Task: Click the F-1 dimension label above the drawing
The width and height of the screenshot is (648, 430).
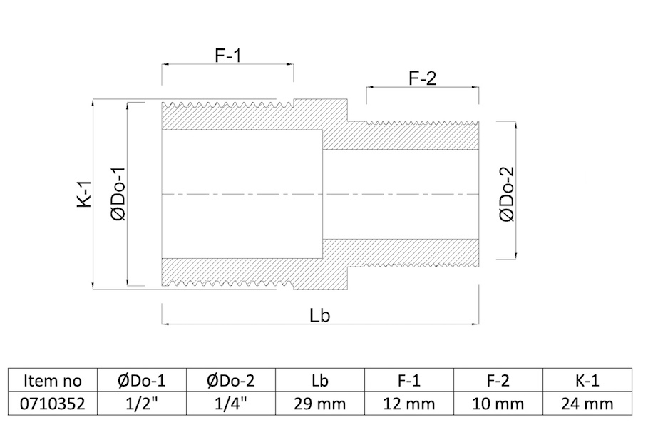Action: coord(227,56)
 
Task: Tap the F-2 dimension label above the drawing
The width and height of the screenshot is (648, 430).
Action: coord(422,78)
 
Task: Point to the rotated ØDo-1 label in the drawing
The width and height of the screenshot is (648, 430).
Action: coord(118,193)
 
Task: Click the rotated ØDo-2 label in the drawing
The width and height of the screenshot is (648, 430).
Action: coord(507,194)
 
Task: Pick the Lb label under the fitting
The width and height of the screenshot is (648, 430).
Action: coord(320,315)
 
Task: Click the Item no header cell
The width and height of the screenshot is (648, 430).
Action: coord(53,380)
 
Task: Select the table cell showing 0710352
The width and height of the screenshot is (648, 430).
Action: coord(53,404)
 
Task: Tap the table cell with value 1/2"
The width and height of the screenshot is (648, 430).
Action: coord(142,404)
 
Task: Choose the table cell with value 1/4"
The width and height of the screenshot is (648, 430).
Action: coord(231,404)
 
